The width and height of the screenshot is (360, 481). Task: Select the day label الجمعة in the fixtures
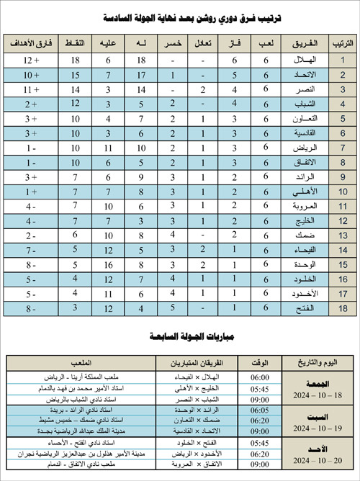click(x=318, y=382)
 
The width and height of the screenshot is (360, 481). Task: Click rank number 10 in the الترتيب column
click(x=343, y=192)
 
